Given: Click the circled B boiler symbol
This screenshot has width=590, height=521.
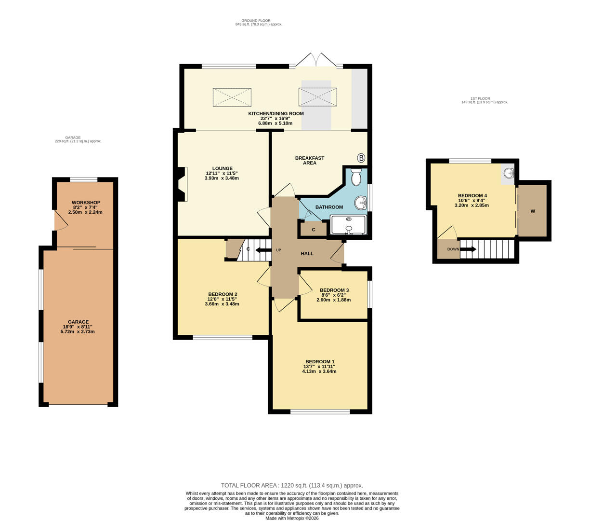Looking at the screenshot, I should pyautogui.click(x=361, y=158).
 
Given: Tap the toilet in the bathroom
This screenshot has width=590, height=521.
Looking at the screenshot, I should pyautogui.click(x=356, y=178).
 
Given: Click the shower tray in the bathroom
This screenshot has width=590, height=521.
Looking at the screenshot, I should pyautogui.click(x=348, y=225).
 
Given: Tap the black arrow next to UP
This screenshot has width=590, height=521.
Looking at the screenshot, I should pyautogui.click(x=263, y=250).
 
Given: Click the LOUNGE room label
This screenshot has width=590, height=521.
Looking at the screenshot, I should pyautogui.click(x=222, y=168).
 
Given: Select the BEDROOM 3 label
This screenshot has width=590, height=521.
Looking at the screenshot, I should pyautogui.click(x=334, y=290).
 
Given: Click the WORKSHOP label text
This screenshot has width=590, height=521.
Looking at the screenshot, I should pyautogui.click(x=86, y=203).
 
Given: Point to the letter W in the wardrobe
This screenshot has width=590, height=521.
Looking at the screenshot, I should pyautogui.click(x=533, y=211).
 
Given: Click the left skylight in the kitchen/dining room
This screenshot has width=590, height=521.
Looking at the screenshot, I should pyautogui.click(x=232, y=97).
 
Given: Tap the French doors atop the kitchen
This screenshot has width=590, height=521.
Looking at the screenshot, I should pyautogui.click(x=315, y=60).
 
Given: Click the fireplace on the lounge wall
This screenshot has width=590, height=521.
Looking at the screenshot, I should pyautogui.click(x=182, y=184).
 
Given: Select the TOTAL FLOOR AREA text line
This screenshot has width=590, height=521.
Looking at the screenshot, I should pyautogui.click(x=292, y=485).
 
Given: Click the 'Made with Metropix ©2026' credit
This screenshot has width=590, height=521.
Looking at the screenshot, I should pyautogui.click(x=292, y=518).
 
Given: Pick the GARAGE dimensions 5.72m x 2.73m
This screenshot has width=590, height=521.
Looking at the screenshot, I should pyautogui.click(x=78, y=331).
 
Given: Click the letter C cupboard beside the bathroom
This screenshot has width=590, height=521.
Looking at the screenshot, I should pyautogui.click(x=313, y=230).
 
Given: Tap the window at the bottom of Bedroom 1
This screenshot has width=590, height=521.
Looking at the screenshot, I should pyautogui.click(x=320, y=411).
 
